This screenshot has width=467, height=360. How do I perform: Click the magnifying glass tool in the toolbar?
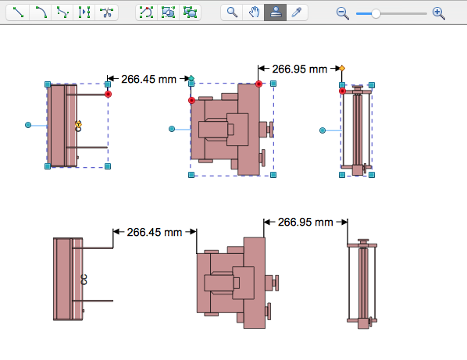[x=232, y=13]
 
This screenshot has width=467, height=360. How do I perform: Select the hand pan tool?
[x=253, y=13]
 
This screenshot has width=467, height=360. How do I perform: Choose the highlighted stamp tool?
[x=275, y=13]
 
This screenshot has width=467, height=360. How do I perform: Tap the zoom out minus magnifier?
[x=342, y=13]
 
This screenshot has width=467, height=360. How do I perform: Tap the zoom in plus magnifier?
[x=438, y=13]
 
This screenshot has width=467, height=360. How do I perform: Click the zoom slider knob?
[x=376, y=13]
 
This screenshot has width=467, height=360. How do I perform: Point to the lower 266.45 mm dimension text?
[x=155, y=232]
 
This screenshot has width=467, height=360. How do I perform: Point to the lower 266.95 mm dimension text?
[x=306, y=222]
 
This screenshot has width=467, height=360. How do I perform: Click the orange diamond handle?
[x=342, y=69]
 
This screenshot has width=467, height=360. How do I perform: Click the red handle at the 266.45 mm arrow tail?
[x=108, y=94]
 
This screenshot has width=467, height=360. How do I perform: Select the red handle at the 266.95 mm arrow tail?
[x=258, y=84]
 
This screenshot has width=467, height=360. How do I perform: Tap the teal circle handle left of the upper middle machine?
[x=173, y=129]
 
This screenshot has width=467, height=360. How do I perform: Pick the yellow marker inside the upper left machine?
[x=78, y=125]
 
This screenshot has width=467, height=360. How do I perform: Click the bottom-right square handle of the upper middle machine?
[x=273, y=176]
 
